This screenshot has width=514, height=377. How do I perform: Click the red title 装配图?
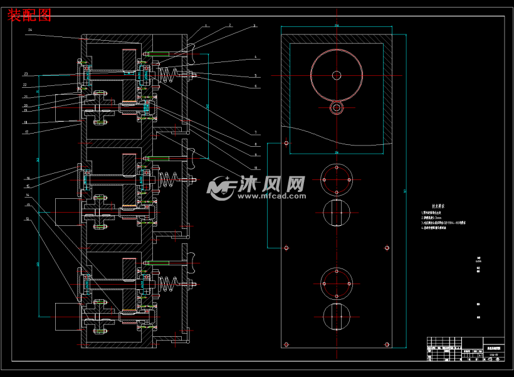29,14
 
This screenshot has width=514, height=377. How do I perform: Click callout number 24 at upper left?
30,30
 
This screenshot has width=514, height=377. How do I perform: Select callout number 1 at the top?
206,26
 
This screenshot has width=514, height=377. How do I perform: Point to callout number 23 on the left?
26,74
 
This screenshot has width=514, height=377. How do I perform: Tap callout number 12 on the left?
27,219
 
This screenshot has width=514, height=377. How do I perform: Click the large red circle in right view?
337,75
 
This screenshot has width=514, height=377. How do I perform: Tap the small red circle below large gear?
337,107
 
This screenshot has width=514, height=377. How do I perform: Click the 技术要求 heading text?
439,206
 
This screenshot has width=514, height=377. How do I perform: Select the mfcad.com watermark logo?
257,187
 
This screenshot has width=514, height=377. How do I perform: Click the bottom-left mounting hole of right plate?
286,344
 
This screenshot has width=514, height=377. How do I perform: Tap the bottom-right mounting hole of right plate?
386,344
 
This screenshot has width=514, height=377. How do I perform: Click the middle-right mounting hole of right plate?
386,248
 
